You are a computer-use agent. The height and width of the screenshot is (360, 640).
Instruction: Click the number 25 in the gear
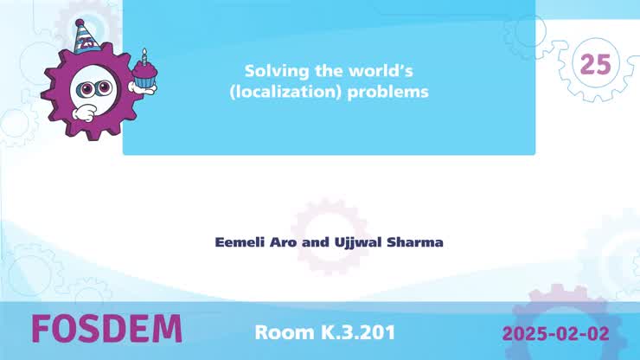coord(595,64)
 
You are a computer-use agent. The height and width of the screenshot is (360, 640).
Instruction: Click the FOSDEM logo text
coord(106,330)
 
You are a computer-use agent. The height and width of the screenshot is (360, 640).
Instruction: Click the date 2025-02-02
coord(555,332)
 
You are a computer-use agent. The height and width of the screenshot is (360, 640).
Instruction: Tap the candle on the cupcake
coord(144,56)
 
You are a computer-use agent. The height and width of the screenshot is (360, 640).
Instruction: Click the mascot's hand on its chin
coord(84,112)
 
